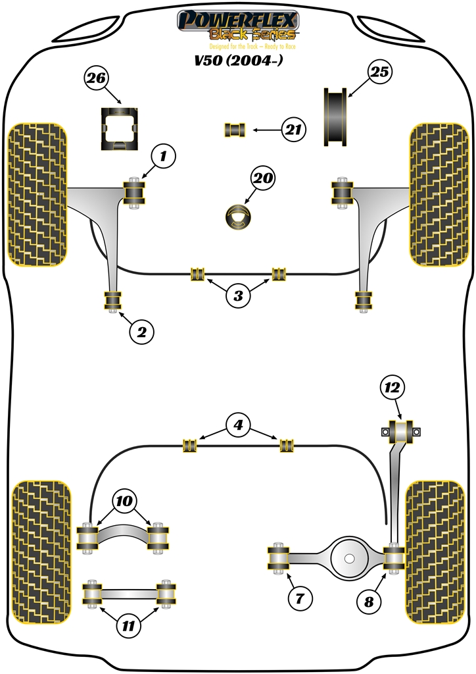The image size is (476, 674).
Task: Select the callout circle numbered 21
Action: coord(293,130)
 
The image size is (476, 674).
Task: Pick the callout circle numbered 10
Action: coord(124,501)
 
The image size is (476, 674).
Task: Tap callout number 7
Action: coord(300,598)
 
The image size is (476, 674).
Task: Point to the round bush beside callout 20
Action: coord(239,218)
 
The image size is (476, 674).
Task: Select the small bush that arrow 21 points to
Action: coord(235,130)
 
